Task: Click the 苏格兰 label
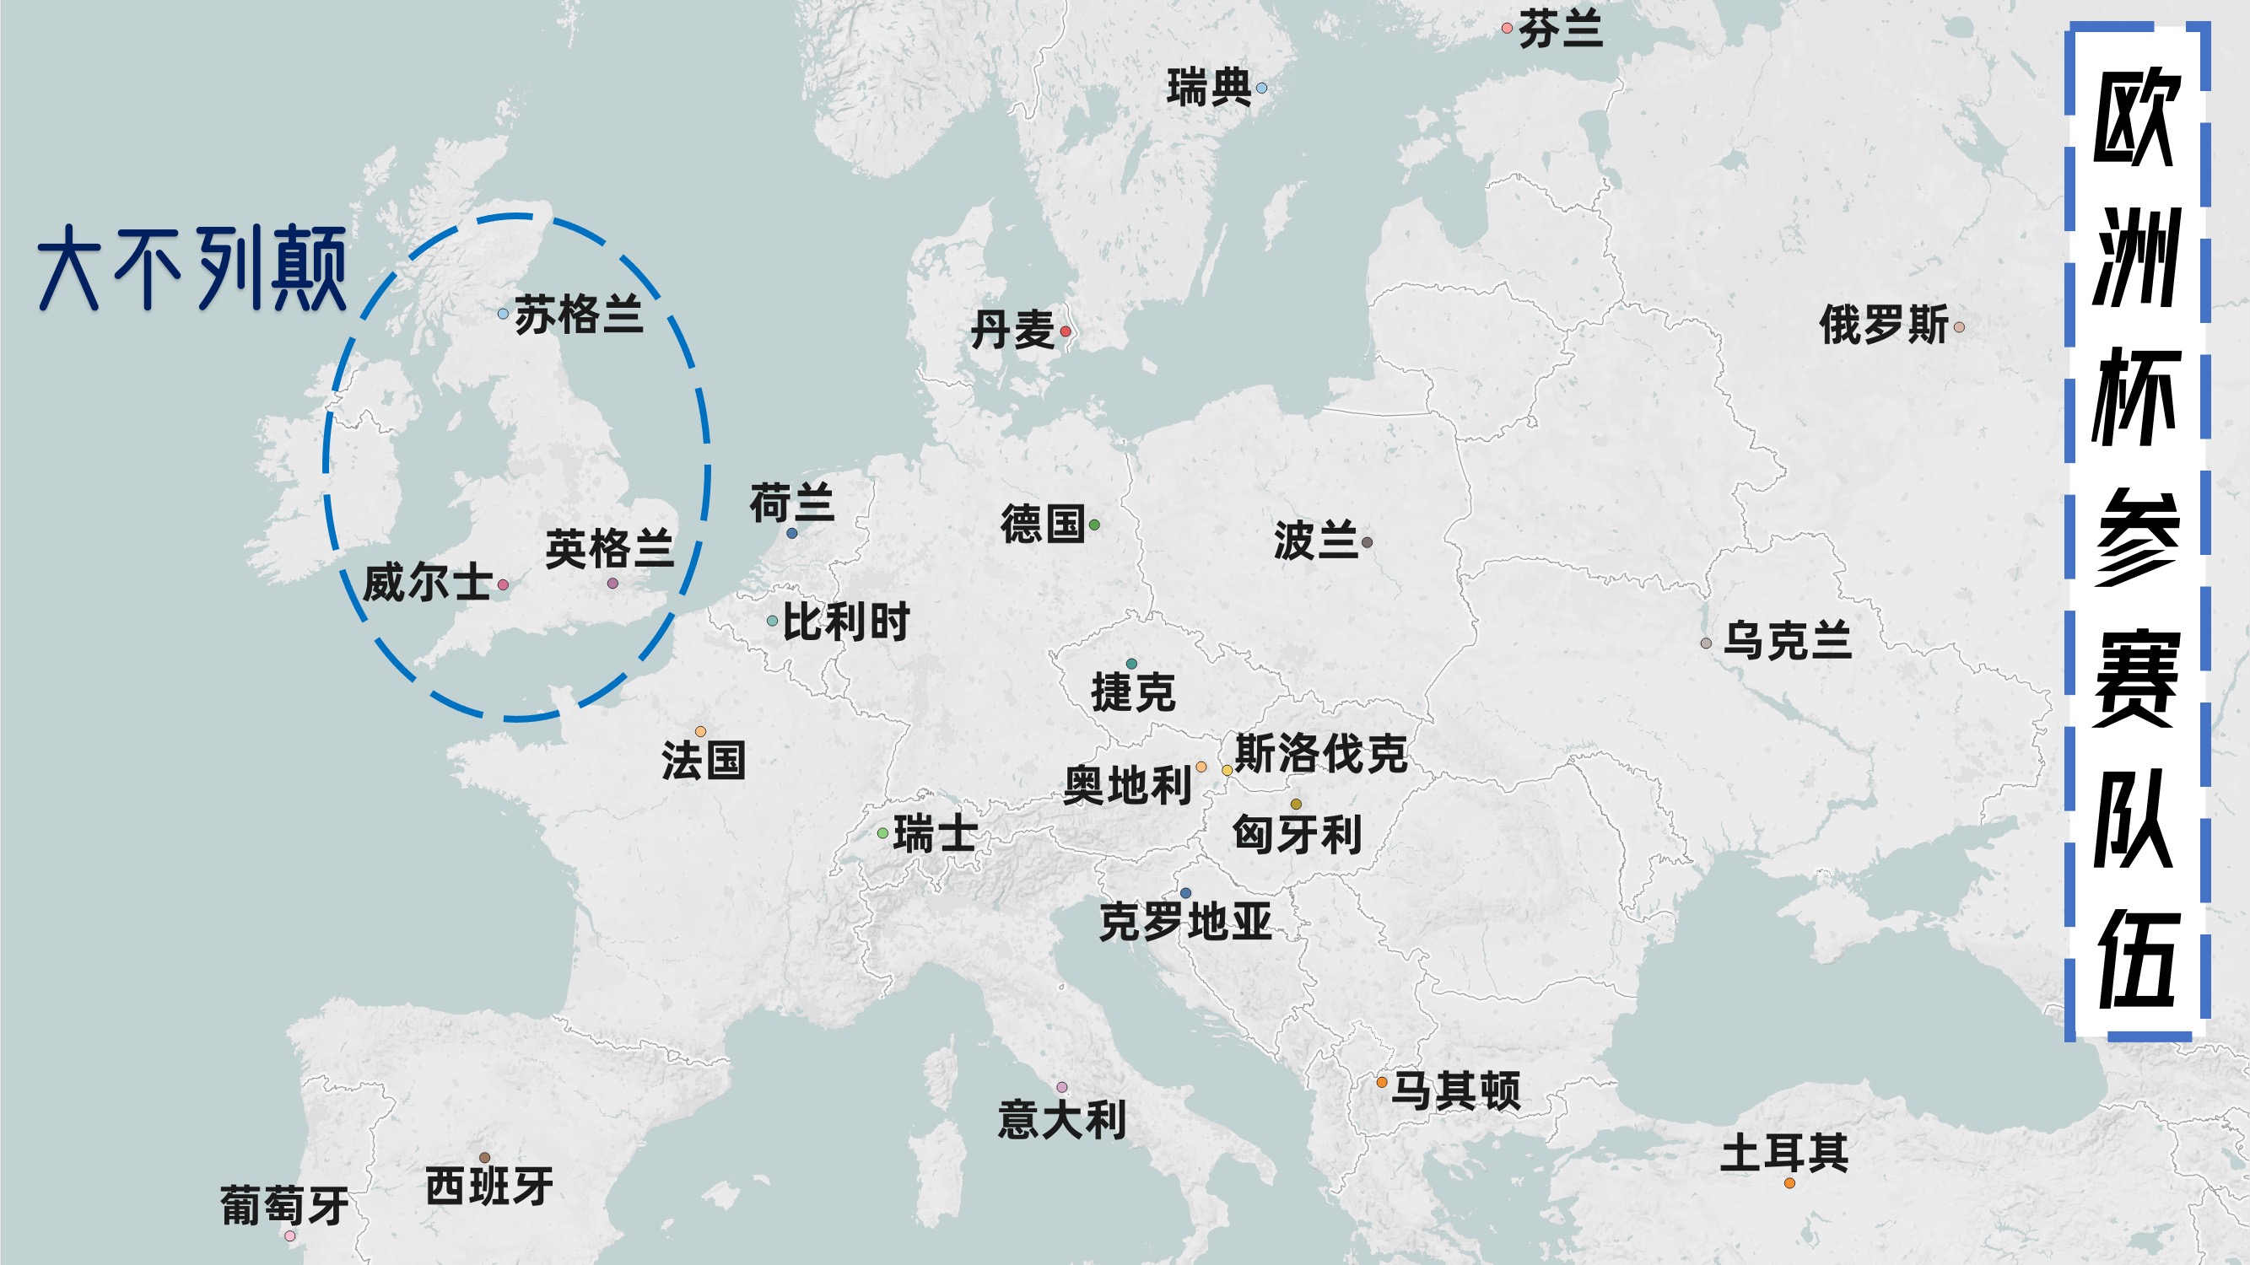pyautogui.click(x=579, y=315)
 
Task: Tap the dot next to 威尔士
pyautogui.click(x=503, y=585)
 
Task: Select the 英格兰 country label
pyautogui.click(x=610, y=549)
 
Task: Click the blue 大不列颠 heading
pyautogui.click(x=192, y=268)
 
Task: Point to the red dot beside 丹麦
pyautogui.click(x=1066, y=331)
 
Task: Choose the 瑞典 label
pyautogui.click(x=1209, y=89)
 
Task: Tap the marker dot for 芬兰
pyautogui.click(x=1507, y=28)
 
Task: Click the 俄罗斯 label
pyautogui.click(x=1883, y=325)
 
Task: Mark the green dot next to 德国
pyautogui.click(x=1094, y=525)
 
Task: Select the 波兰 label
pyautogui.click(x=1315, y=541)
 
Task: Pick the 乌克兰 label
pyautogui.click(x=1787, y=641)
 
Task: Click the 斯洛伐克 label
pyautogui.click(x=1320, y=753)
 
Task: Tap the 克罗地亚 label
pyautogui.click(x=1185, y=922)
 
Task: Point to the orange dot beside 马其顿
pyautogui.click(x=1382, y=1083)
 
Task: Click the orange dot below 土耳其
pyautogui.click(x=1789, y=1183)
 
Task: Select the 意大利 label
pyautogui.click(x=1062, y=1120)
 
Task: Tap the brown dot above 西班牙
pyautogui.click(x=485, y=1158)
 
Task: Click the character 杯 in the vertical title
pyautogui.click(x=2135, y=397)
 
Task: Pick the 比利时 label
pyautogui.click(x=845, y=622)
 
